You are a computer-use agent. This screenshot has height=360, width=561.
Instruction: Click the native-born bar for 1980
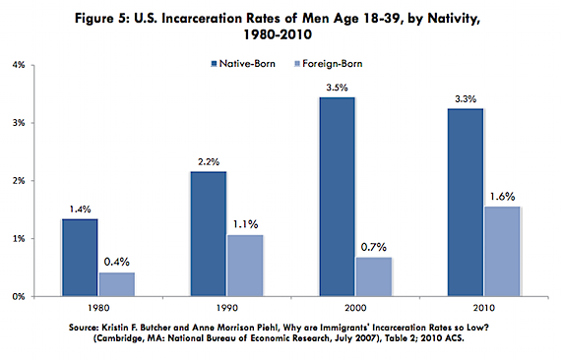(x=80, y=258)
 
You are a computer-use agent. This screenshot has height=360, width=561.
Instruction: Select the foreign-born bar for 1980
(x=117, y=284)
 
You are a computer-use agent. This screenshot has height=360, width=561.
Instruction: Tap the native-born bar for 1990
(x=209, y=234)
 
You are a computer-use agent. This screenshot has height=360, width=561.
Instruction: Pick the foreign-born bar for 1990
(x=245, y=266)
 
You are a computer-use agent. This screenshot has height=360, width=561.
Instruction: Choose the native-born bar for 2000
(x=338, y=197)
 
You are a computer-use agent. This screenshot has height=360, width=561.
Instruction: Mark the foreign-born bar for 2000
(x=374, y=276)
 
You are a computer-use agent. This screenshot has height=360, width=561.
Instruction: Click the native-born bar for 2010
(x=466, y=203)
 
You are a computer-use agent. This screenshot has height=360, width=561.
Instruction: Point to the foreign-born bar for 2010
(x=502, y=252)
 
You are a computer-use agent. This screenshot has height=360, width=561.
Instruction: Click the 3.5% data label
(x=337, y=88)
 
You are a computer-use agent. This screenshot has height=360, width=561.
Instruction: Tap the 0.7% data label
(x=374, y=247)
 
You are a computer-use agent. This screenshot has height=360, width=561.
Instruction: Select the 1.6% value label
(x=502, y=197)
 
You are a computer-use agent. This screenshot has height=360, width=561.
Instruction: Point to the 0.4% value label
(x=117, y=262)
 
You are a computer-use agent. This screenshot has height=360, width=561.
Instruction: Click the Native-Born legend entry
(x=243, y=64)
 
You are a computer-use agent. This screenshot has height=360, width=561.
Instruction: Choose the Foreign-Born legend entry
(x=329, y=64)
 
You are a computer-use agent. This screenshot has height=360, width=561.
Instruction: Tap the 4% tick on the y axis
(x=19, y=65)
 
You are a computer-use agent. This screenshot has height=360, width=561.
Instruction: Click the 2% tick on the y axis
(x=19, y=181)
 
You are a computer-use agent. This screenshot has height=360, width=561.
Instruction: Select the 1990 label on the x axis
(x=227, y=308)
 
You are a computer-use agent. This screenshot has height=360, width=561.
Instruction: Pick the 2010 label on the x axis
(x=483, y=308)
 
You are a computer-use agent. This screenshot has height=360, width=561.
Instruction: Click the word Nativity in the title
(x=454, y=19)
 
